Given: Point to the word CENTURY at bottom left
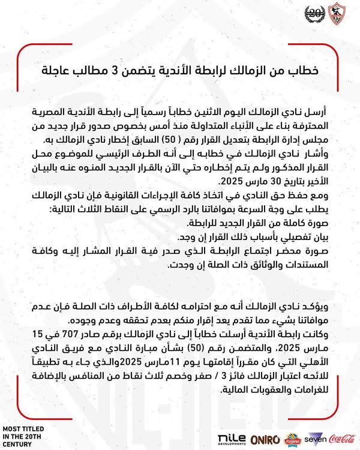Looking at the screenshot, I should [22, 445].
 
